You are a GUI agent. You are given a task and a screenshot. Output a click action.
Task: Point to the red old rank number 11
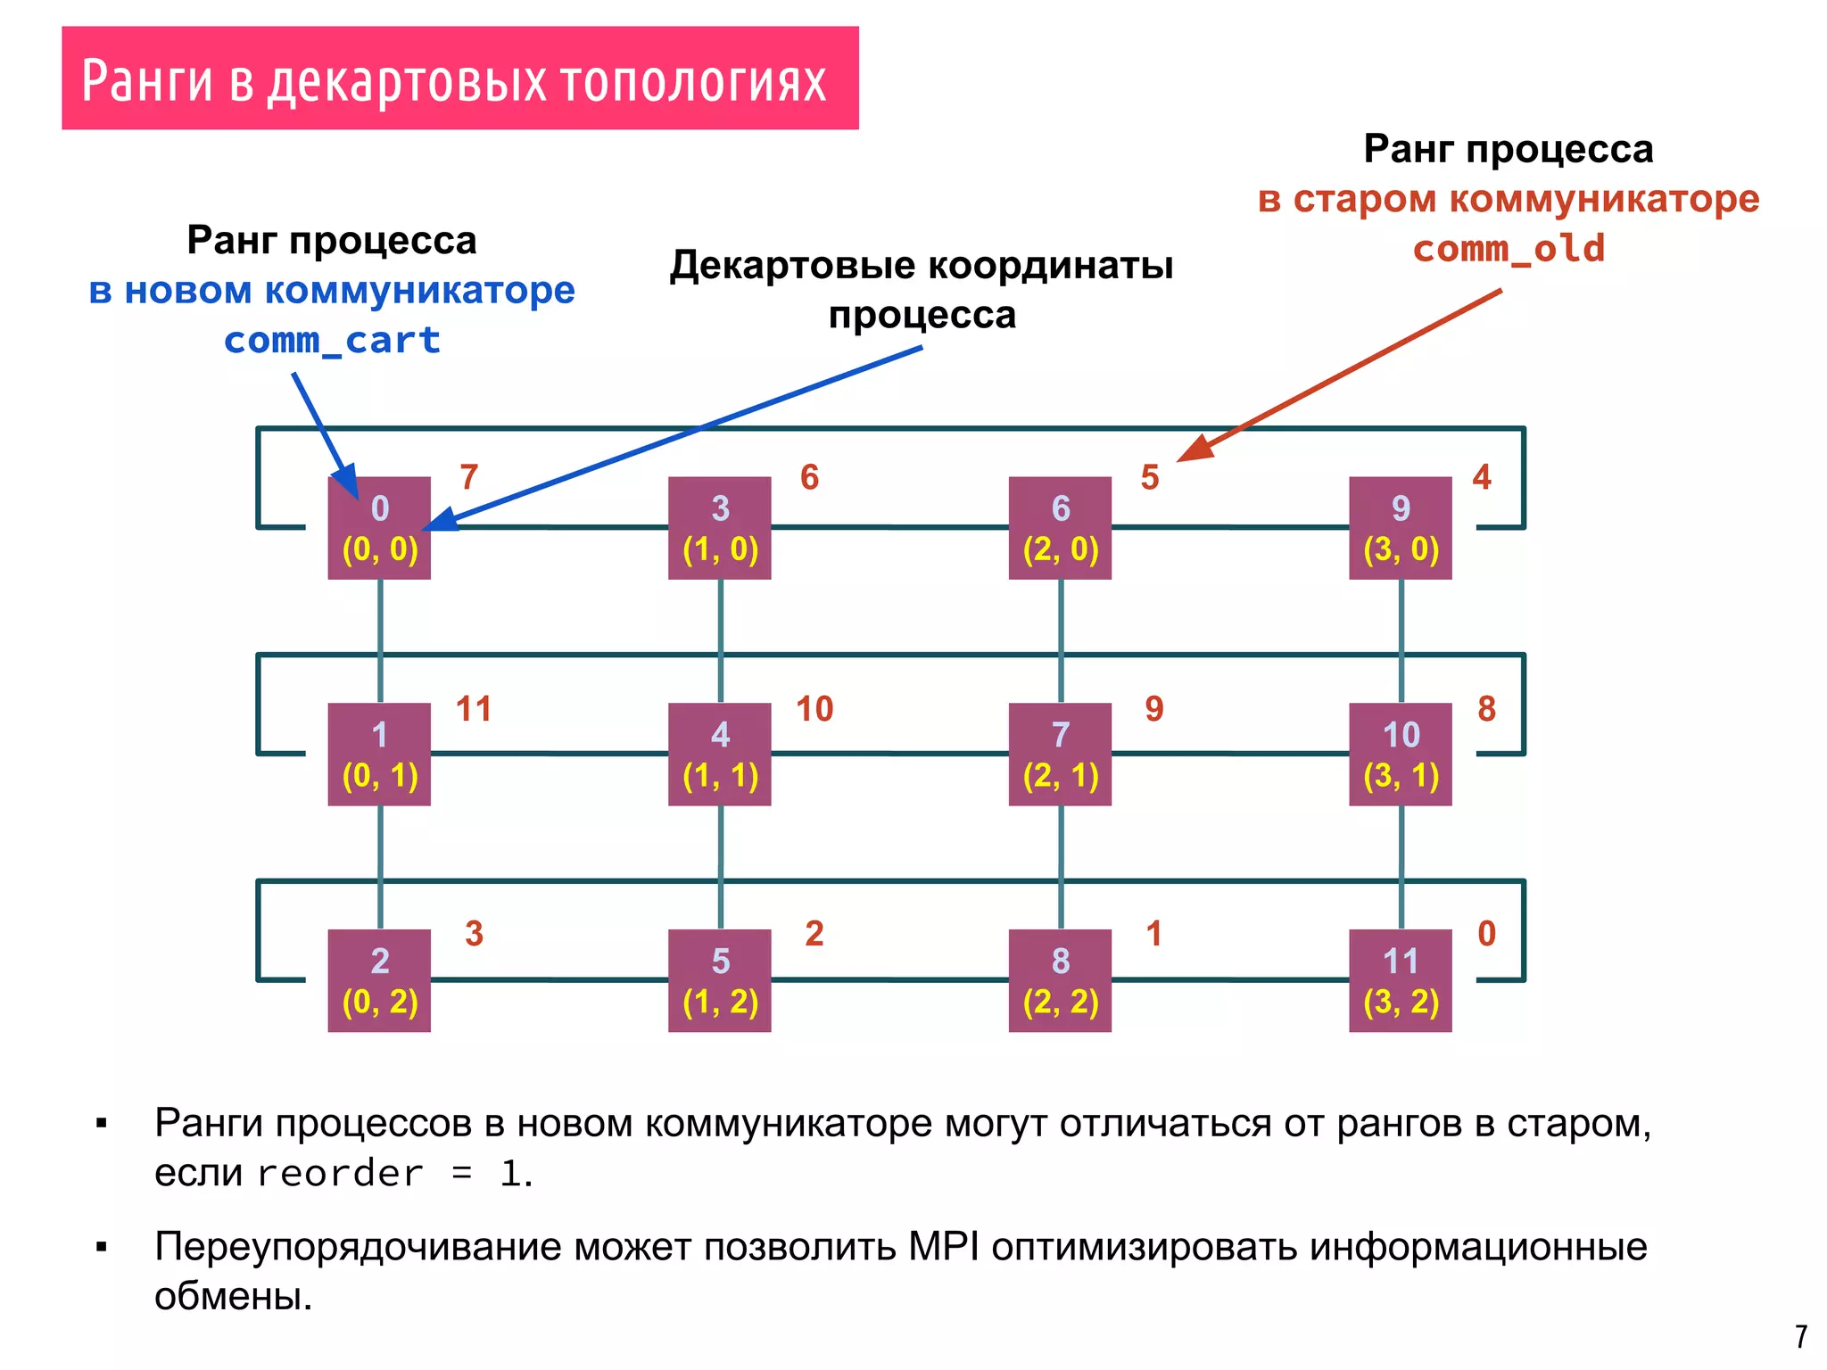pos(474,709)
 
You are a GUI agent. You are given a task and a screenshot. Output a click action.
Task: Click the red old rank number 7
pos(469,477)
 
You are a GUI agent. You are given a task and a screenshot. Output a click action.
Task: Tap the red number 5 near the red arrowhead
pos(1150,477)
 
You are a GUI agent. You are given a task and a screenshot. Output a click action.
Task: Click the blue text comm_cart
pos(332,340)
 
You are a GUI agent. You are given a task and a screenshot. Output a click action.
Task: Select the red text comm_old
pos(1509,248)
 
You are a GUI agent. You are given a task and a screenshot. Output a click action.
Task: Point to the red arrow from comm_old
pos(1338,376)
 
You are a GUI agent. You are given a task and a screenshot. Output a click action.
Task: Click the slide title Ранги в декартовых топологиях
pos(455,80)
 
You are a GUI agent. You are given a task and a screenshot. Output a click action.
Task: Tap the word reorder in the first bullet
pos(339,1173)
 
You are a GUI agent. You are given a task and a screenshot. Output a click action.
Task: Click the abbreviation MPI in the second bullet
pos(944,1246)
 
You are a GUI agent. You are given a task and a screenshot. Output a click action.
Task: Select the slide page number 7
pos(1801,1336)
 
